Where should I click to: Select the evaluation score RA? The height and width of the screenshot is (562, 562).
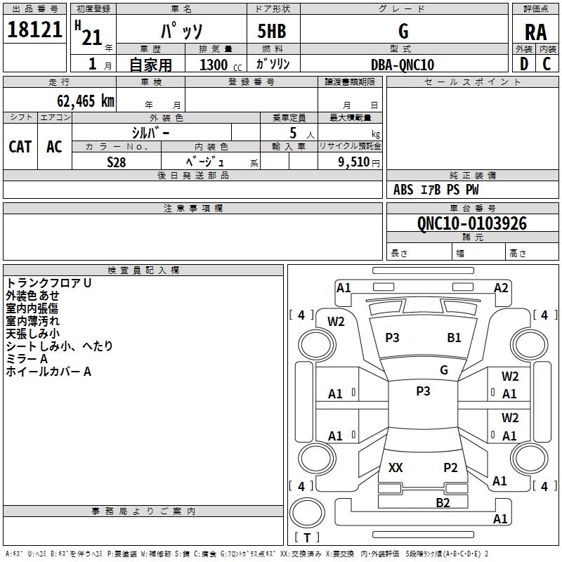pos(535,32)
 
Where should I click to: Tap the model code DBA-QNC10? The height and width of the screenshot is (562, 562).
pos(403,65)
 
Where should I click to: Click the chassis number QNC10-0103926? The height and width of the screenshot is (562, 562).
pos(471,223)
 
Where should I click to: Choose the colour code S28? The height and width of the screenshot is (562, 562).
pos(117,162)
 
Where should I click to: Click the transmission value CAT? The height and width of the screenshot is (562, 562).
pos(20,146)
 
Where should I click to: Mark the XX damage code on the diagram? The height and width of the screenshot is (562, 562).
pos(396,467)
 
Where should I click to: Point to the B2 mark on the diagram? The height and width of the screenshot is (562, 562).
pos(443,502)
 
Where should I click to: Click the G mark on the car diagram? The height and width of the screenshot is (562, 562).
pos(444,370)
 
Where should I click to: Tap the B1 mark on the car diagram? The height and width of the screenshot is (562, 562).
pos(455,338)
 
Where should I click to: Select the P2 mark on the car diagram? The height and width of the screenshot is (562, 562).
pos(450,467)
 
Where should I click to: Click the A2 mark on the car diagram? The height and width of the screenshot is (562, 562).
pos(501,287)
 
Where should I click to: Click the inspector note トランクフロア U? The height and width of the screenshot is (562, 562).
pos(49,282)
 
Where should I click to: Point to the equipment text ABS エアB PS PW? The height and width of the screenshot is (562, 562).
pos(436,190)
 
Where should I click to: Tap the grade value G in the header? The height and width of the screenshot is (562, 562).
pos(403,32)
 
